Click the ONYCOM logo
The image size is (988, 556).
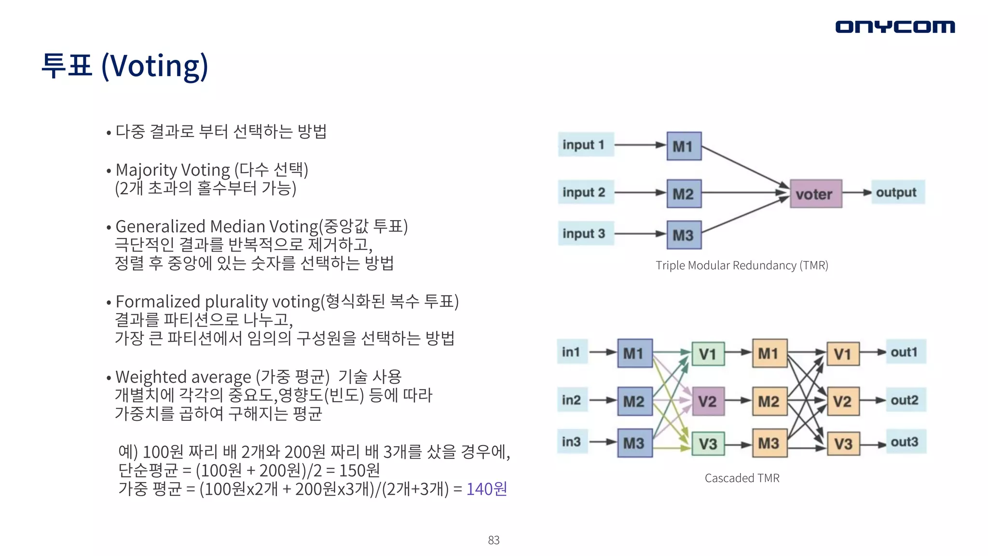[x=895, y=27]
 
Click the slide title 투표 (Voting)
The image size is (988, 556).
[x=125, y=66]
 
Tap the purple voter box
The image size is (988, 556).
[x=816, y=194]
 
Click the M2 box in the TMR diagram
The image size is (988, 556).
[x=684, y=194]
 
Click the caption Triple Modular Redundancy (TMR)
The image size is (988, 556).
[x=741, y=265]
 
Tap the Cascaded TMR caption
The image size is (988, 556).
[x=741, y=478]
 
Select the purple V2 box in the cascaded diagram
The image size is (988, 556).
[x=708, y=402]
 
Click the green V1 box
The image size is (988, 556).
[x=708, y=354]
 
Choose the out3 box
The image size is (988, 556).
[x=905, y=442]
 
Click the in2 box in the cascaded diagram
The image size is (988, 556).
[x=572, y=400]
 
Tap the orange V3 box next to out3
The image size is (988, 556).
[x=843, y=444]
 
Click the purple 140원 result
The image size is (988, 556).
[x=486, y=489]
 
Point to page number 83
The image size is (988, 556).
[x=494, y=540]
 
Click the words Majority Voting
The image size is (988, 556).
[x=173, y=170]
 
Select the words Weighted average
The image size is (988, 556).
[x=183, y=377]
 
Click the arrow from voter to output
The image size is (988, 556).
[x=857, y=193]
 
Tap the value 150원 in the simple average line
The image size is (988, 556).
[x=359, y=470]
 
